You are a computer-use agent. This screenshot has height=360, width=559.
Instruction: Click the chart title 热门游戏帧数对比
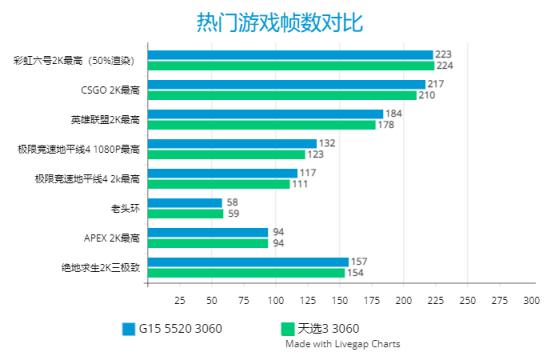[279, 22]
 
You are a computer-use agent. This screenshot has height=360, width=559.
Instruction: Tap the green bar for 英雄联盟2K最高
[262, 125]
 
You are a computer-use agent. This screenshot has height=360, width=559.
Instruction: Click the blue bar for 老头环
[185, 203]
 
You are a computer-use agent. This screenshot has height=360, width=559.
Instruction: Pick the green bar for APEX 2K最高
[208, 243]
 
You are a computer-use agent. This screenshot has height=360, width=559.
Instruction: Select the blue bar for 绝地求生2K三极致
[248, 262]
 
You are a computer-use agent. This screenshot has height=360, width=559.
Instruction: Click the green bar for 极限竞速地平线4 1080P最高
[226, 154]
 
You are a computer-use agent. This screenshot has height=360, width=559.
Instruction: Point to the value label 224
[443, 66]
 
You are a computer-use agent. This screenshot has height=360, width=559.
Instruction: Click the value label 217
[435, 84]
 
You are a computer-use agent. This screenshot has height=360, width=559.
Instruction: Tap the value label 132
[327, 144]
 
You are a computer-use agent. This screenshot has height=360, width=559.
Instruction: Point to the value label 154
[355, 273]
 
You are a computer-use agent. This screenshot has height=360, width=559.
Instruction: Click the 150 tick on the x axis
[340, 300]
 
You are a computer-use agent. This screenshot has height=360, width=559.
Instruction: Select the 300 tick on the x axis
[530, 300]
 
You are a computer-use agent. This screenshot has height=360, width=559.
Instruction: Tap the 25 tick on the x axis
[180, 300]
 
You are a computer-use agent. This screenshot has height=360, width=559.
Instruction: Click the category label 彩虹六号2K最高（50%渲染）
[75, 61]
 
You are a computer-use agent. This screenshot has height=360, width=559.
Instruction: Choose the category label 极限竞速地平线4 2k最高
[85, 179]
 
